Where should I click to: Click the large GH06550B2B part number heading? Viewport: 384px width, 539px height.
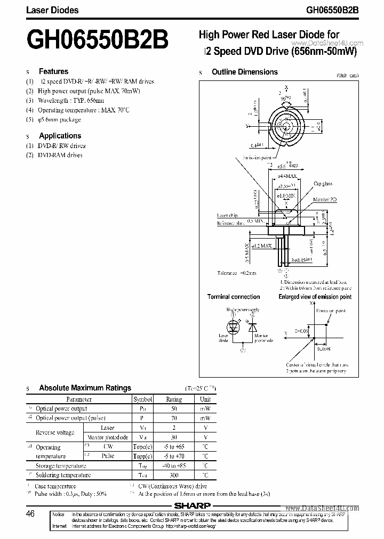98,40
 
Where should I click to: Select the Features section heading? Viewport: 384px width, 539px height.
53,71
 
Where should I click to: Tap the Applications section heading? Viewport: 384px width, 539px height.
60,136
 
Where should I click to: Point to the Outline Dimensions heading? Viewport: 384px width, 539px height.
244,72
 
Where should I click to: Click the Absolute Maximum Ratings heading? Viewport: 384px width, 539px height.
85,388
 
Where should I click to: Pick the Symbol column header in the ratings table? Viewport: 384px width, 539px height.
142,399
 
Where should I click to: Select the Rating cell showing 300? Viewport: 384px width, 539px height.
174,475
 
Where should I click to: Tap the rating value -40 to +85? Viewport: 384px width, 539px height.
174,466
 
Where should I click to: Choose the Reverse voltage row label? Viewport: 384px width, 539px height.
55,432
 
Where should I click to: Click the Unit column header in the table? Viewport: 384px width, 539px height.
205,399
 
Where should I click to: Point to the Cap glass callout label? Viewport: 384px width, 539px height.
323,184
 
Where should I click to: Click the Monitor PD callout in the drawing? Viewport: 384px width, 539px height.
325,199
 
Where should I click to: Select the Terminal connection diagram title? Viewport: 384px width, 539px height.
234,297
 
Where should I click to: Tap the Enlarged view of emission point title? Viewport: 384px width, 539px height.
315,297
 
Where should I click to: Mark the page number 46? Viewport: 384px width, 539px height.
30,514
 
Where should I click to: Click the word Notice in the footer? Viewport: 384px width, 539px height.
59,514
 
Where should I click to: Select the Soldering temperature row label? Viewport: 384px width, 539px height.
63,475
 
